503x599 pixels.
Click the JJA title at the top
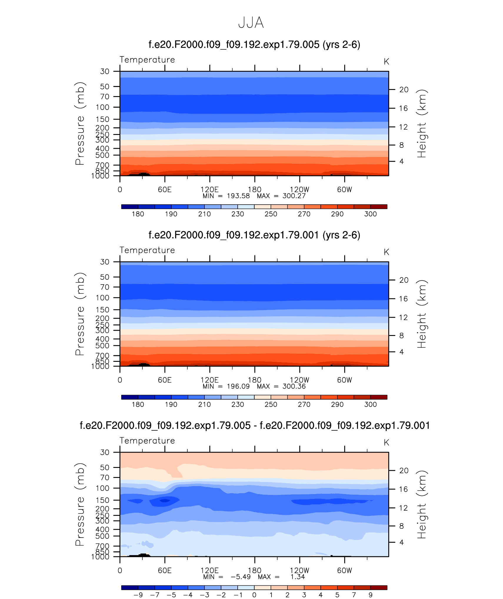[251, 23]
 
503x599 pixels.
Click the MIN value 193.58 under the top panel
[238, 196]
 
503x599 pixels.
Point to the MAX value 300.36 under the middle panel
[294, 386]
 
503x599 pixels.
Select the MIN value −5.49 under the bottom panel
[240, 577]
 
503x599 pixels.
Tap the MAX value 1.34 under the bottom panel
[298, 577]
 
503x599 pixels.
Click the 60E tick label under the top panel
[164, 190]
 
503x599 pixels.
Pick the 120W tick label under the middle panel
[299, 380]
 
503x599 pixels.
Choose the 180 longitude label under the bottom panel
[254, 570]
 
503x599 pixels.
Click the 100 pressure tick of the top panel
[102, 107]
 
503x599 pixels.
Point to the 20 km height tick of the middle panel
[404, 280]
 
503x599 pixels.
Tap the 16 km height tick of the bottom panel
[403, 489]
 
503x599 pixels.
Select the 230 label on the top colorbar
[238, 214]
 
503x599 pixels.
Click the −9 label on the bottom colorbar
[138, 595]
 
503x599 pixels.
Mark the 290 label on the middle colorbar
[337, 404]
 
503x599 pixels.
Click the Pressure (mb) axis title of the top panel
[80, 123]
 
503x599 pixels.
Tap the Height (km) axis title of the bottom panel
[422, 504]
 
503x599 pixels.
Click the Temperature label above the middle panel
[147, 250]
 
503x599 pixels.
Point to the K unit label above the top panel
[386, 62]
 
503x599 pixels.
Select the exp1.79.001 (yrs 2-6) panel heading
[254, 235]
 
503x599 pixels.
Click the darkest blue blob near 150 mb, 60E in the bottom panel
[164, 500]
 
